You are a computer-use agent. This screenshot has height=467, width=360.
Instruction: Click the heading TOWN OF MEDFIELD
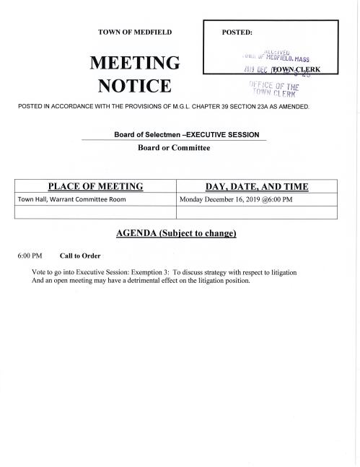point(135,33)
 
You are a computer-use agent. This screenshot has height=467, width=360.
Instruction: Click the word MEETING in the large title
point(134,64)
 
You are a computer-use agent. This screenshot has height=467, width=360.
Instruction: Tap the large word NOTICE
point(135,88)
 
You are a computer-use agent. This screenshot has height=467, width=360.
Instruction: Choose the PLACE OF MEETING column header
point(95,187)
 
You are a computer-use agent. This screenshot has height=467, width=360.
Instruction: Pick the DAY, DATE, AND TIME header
point(257,187)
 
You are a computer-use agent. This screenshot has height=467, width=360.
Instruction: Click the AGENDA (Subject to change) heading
point(175,234)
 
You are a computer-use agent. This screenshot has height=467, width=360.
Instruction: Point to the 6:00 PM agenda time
point(30,256)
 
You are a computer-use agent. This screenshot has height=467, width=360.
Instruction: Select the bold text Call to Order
point(80,256)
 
